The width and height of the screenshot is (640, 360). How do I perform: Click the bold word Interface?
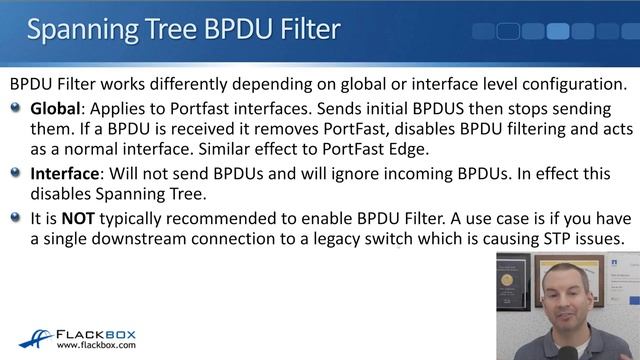click(x=66, y=172)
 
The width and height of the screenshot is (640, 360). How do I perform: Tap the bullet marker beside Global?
click(x=15, y=107)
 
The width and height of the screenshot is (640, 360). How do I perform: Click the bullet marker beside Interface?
click(x=15, y=172)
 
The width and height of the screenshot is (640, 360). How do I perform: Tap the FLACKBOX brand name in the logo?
click(x=98, y=332)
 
